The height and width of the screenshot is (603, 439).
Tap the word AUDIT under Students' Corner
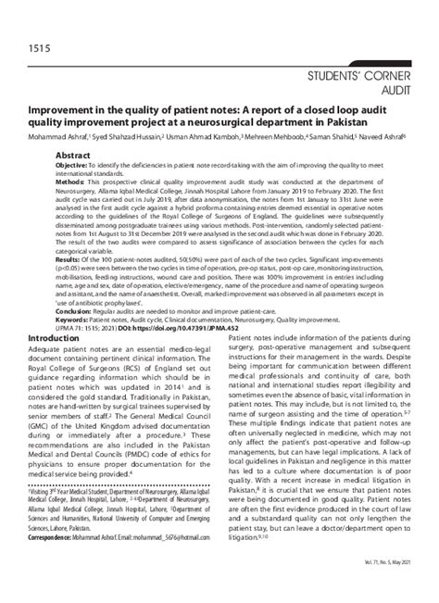coord(408,92)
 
